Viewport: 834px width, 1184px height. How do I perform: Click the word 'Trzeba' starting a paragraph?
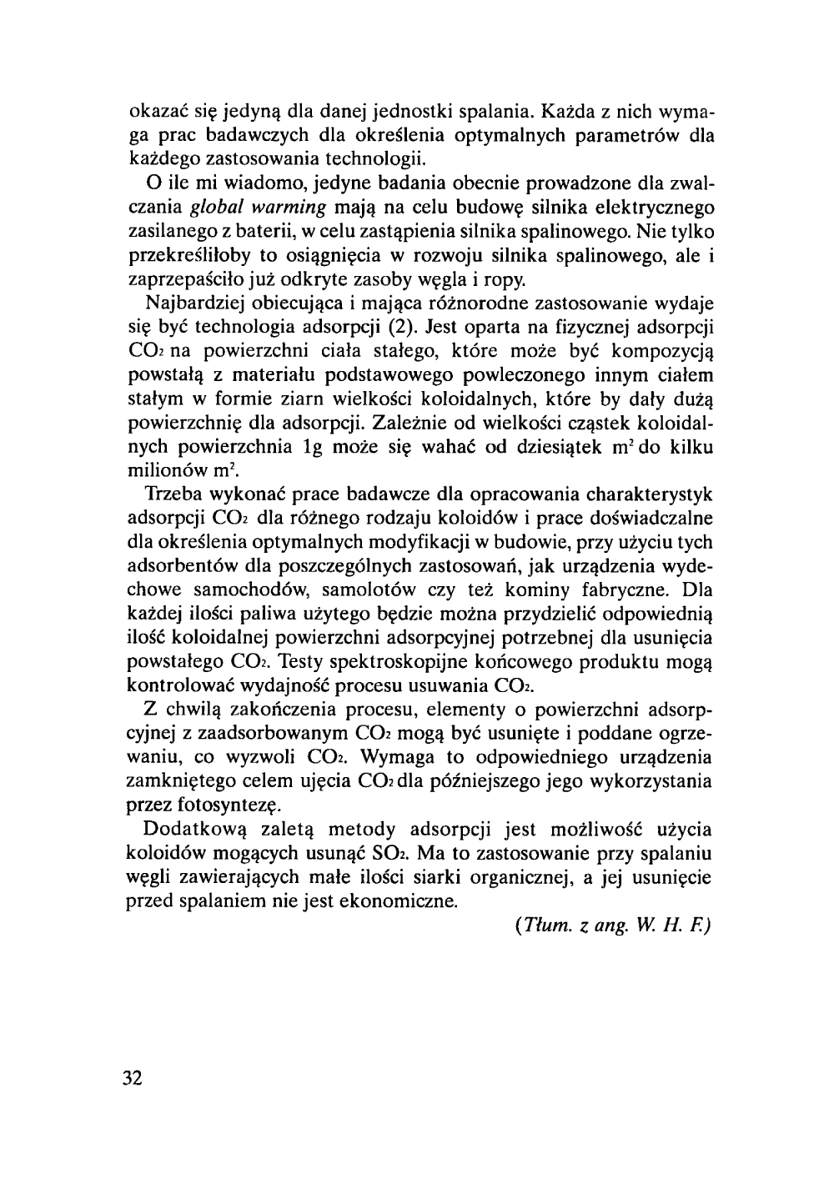[172, 494]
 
